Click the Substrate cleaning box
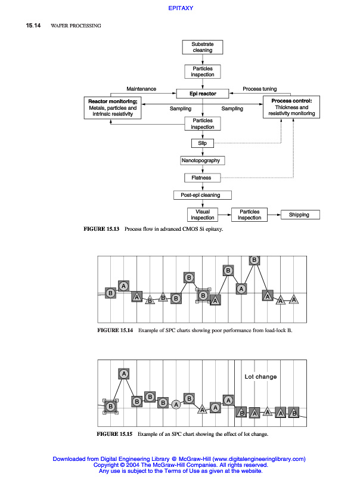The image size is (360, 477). coord(202,47)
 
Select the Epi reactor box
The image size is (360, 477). coord(203,94)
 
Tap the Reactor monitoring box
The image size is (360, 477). coord(113,107)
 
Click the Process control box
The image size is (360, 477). coord(291,107)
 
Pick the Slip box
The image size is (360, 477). coord(202,143)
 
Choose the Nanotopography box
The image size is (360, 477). coord(203,160)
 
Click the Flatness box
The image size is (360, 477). coord(202,178)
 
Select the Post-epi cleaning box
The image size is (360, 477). coord(202,195)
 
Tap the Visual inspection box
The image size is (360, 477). coord(202,215)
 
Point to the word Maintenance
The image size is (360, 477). coord(141,89)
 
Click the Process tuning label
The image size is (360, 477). coord(260,89)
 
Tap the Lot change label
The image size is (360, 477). coord(260,377)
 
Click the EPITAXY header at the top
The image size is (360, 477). coord(180,8)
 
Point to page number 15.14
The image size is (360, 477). coord(33,26)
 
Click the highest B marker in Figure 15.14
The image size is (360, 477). coord(255,260)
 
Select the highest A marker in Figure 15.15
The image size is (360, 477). coord(124,374)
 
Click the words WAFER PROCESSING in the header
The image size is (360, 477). coord(76,26)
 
